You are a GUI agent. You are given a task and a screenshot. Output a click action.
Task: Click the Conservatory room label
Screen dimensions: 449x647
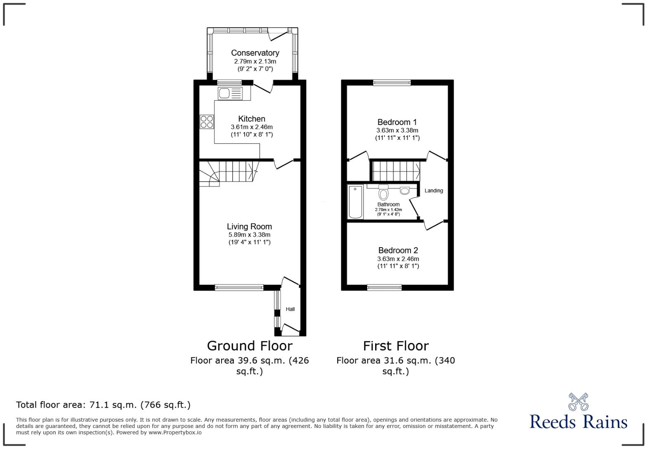tap(255, 53)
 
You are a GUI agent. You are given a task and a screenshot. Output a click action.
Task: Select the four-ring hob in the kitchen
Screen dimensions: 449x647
tap(207, 122)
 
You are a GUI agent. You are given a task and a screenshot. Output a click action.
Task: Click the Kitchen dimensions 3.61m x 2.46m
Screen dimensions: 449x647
tap(251, 127)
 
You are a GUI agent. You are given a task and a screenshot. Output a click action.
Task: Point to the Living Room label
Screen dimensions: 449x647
tap(249, 227)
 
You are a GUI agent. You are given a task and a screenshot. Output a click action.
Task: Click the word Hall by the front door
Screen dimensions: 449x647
tap(290, 309)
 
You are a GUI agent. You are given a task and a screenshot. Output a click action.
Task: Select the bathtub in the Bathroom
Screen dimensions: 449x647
tap(355, 202)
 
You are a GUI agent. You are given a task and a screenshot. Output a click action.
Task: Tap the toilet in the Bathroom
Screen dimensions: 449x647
tap(383, 193)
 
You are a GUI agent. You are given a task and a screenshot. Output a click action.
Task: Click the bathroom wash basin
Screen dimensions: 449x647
tap(405, 190)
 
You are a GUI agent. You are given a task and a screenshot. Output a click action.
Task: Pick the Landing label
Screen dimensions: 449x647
tap(434, 191)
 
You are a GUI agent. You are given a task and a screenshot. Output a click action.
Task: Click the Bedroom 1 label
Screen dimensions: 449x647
tap(397, 122)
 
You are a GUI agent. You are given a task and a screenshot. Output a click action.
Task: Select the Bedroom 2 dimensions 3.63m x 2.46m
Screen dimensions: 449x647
tap(398, 259)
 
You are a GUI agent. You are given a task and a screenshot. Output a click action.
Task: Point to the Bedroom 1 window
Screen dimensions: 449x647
tap(392, 83)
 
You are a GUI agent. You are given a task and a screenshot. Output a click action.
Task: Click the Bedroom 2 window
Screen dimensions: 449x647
tap(384, 288)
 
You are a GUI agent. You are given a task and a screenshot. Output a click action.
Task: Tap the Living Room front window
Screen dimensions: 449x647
tap(239, 288)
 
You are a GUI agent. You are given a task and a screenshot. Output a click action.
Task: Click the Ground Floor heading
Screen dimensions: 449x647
tap(249, 346)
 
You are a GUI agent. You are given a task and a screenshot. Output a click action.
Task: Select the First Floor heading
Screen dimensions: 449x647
tap(396, 346)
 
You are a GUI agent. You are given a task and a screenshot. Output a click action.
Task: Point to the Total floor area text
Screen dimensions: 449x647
tap(103, 405)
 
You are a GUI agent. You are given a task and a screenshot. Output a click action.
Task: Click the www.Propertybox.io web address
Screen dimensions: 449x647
tap(175, 432)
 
